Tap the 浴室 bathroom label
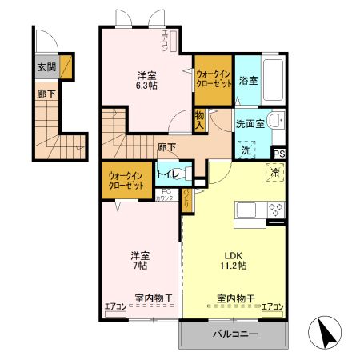[x=247, y=80]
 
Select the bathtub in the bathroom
[x=273, y=79]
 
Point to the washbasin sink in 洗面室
[x=274, y=122]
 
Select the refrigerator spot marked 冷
[x=274, y=172]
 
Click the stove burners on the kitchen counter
[x=275, y=210]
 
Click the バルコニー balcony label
[x=234, y=334]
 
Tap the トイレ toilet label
[x=167, y=173]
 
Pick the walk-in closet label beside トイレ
[x=126, y=180]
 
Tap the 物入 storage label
[x=199, y=119]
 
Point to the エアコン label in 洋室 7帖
[x=114, y=305]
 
